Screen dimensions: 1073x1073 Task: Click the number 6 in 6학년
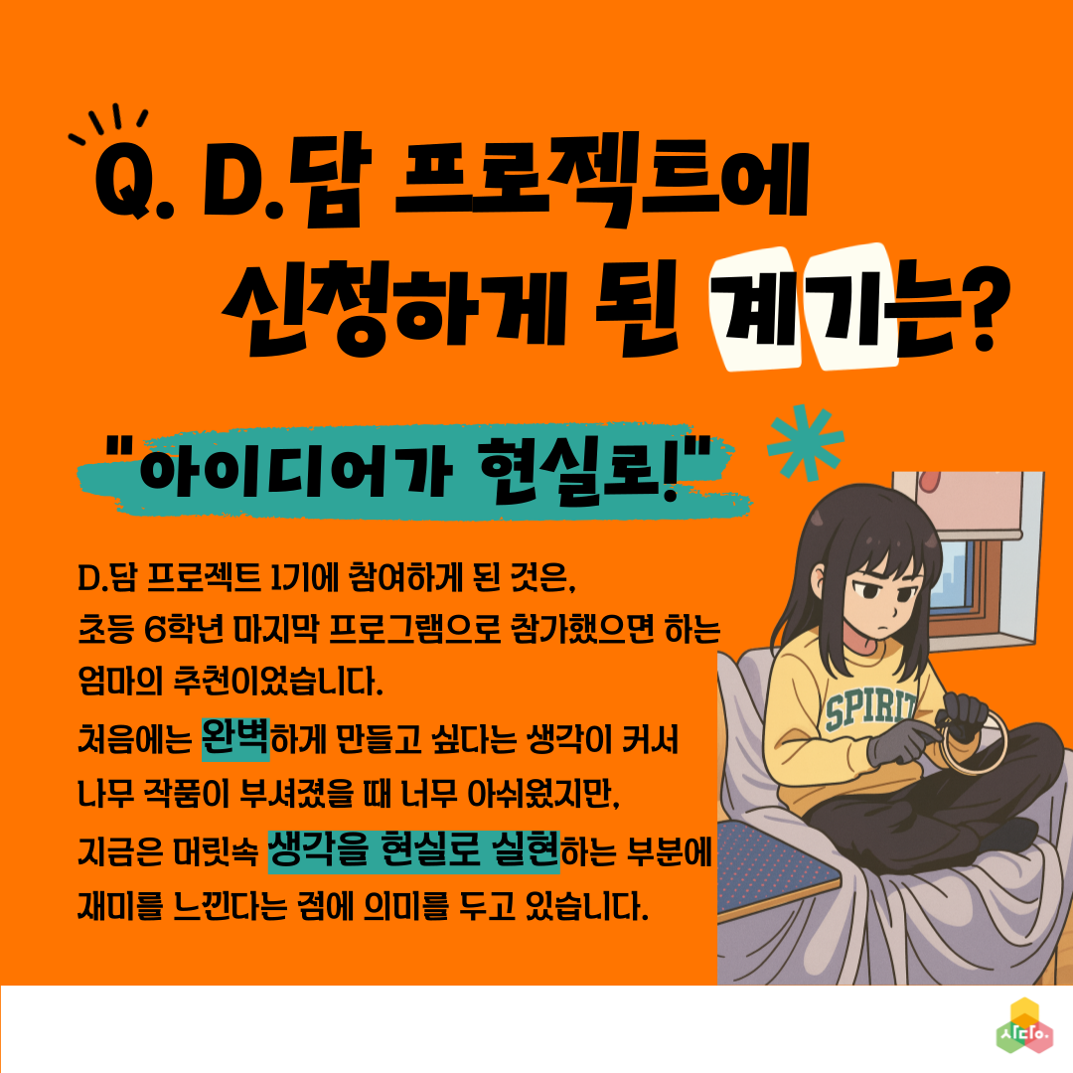[154, 630]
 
